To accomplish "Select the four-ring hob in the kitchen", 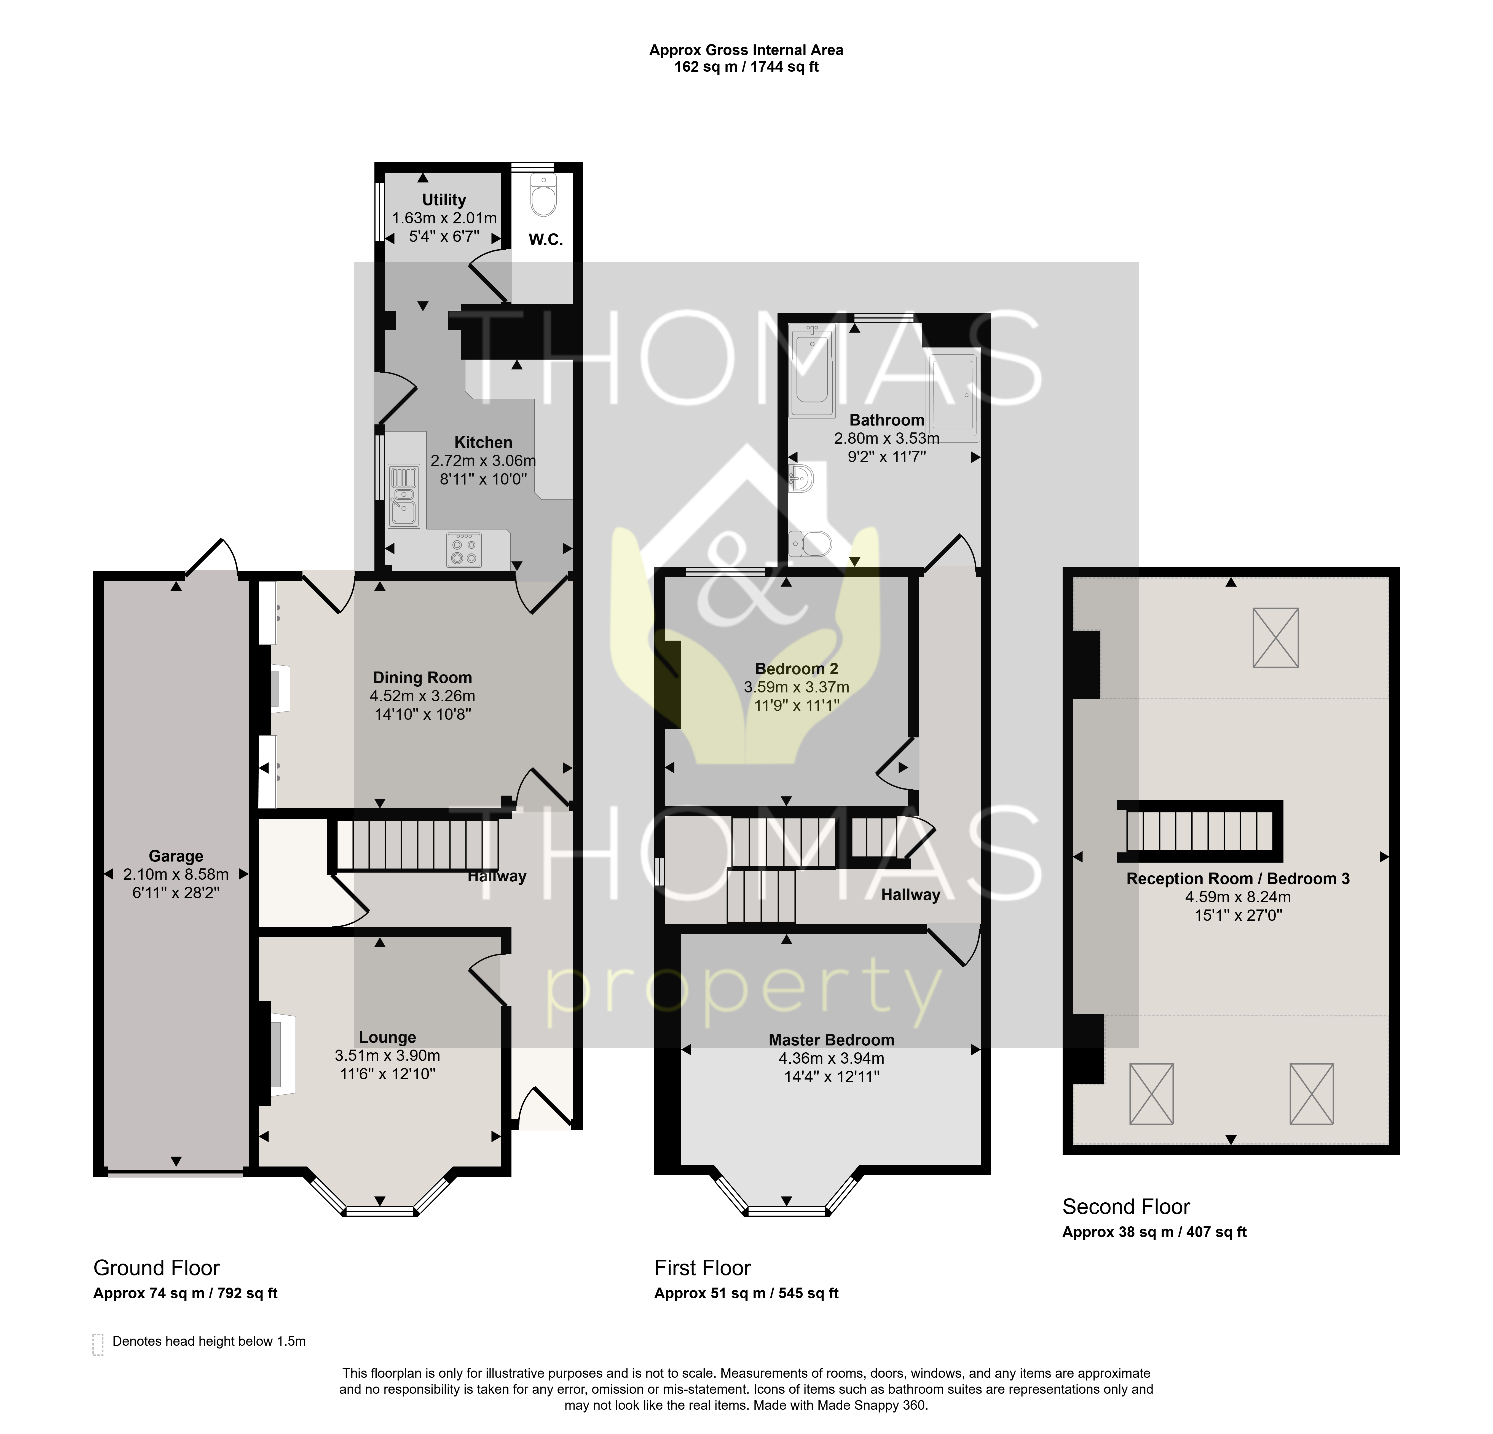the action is (464, 549).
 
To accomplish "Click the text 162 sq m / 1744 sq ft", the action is (747, 67).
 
